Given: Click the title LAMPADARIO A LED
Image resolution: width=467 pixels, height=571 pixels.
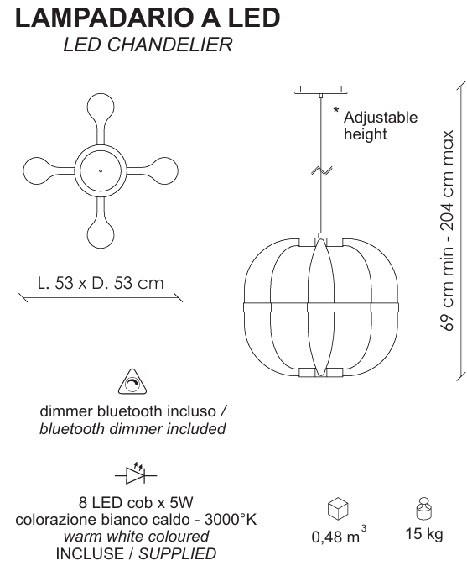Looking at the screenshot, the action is coord(148,18).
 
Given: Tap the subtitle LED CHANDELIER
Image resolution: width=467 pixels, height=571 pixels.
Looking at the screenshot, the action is coord(148,45).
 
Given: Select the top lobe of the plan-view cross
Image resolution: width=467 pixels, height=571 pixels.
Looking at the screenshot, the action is coord(101,108).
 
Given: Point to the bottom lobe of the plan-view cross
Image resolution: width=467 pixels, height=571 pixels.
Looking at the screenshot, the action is coord(101,233).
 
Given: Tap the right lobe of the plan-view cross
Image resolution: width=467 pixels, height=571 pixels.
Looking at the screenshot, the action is coord(164,170).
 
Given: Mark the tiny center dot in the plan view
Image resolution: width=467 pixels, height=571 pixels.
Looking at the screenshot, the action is coord(101,170).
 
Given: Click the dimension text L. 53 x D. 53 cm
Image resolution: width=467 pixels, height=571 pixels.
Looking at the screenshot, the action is coord(101,283).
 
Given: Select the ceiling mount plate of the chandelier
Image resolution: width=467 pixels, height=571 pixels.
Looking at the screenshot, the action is coord(320,90).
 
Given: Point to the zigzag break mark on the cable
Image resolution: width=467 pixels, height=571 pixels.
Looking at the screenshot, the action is coord(321,170).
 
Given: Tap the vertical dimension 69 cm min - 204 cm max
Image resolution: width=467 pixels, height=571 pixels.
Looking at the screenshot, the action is coord(447,231).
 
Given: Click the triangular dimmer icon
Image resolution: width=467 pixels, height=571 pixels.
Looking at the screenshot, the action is coord(132,382).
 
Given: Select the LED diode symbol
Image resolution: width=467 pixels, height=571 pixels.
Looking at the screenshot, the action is coord(136,474).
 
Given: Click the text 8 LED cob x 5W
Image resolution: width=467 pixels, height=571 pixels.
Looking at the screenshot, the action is coord(136,502).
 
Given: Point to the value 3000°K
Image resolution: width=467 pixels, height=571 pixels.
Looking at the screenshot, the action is coord(231,519).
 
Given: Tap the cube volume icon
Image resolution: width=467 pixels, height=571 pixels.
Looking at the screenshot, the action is coord(338,508).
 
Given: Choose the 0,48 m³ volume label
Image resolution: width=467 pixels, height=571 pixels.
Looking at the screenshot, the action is coord(339,535).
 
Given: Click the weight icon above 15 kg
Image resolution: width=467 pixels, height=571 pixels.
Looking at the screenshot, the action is coord(423,509).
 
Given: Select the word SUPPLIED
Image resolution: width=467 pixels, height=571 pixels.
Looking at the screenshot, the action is coord(178,554).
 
